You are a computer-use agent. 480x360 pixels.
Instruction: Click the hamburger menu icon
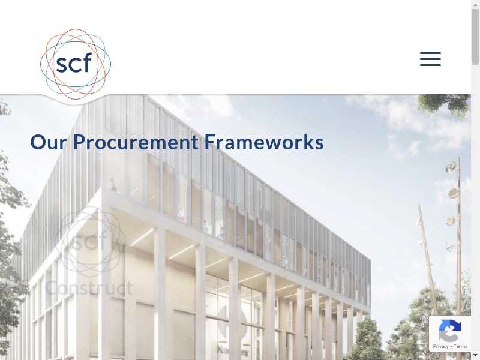point(430,59)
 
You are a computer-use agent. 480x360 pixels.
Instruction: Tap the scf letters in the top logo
point(74,63)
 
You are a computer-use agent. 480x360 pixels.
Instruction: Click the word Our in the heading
point(49,142)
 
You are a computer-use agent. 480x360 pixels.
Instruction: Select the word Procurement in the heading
point(136,142)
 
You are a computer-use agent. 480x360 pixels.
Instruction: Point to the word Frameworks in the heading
point(264,142)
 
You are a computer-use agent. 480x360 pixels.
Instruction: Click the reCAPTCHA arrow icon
point(449,331)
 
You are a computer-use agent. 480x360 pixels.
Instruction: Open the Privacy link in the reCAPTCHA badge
point(440,346)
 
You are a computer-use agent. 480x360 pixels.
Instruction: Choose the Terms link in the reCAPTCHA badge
point(460,346)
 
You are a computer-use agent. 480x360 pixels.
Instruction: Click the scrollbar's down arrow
point(475,356)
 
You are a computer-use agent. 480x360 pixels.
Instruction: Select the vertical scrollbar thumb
point(475,37)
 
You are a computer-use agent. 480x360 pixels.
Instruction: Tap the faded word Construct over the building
point(89,288)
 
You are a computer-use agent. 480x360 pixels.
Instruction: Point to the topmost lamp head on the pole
point(451,167)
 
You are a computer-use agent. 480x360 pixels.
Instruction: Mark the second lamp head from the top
point(454,193)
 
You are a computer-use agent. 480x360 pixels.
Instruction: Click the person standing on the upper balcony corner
point(114,184)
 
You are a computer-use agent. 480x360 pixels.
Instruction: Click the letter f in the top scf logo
point(87,62)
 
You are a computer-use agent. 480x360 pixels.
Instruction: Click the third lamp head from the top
point(450,220)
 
